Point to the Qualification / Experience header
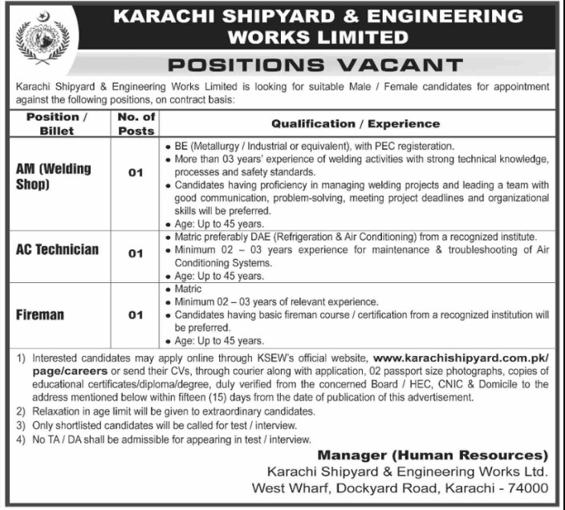(x=356, y=123)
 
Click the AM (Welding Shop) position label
(x=54, y=176)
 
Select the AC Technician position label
(x=58, y=249)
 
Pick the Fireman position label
(x=40, y=314)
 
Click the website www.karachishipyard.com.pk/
(x=461, y=355)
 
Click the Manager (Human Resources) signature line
(x=433, y=455)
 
